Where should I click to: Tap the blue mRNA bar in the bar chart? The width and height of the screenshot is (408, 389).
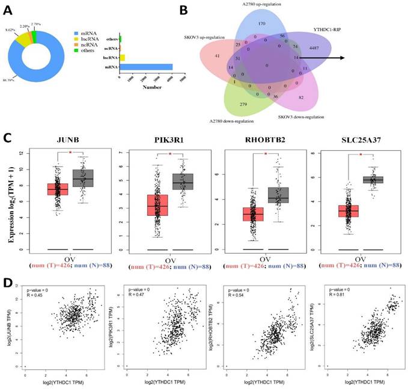click(147, 67)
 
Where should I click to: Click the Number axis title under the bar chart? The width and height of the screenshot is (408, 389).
click(153, 87)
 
